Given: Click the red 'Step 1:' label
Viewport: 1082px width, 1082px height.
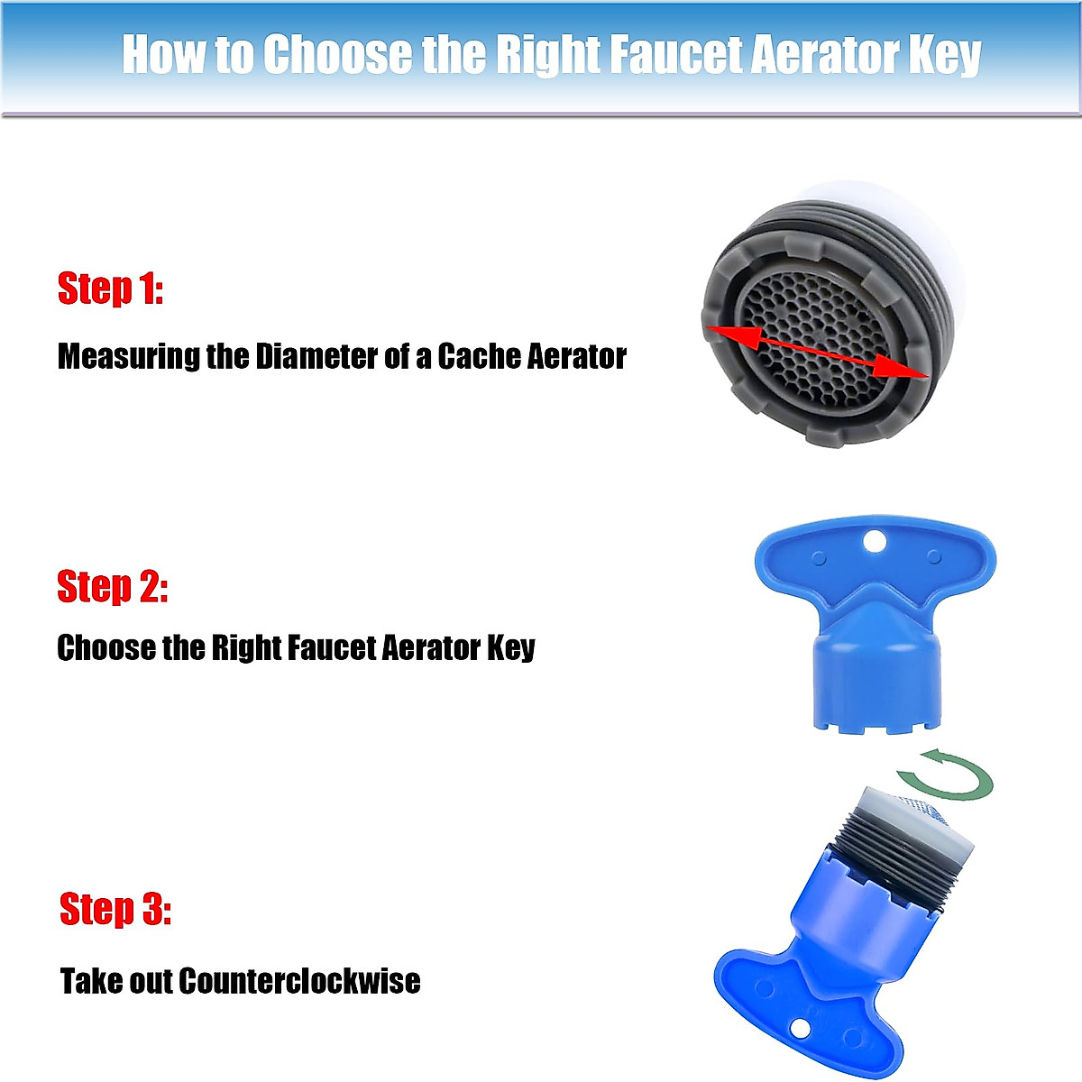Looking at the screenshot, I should click(x=110, y=289).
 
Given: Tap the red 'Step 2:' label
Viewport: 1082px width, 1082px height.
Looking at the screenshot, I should click(x=113, y=587).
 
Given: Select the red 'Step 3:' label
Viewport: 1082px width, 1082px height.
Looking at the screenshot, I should click(x=115, y=909).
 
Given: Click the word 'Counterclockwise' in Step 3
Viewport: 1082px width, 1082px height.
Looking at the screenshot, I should click(x=299, y=980).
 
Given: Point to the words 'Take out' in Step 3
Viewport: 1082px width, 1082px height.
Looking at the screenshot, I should click(x=115, y=980).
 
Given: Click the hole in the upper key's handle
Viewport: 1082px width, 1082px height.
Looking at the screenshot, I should click(x=874, y=541).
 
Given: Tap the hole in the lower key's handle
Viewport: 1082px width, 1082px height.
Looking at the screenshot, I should click(x=800, y=1029).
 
